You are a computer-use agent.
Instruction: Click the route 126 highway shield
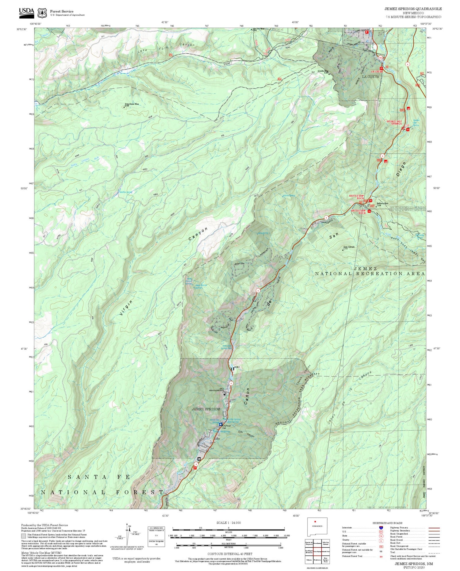(380, 58)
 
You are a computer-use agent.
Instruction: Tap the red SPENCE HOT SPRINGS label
(394, 122)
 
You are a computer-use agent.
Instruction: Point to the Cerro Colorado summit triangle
(343, 250)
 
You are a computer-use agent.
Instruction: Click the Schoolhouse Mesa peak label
(132, 104)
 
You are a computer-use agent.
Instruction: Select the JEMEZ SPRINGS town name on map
(206, 409)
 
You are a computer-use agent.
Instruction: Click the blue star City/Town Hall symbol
(220, 424)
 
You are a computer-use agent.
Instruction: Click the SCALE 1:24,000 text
(228, 523)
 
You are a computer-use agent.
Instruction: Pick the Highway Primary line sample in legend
(433, 528)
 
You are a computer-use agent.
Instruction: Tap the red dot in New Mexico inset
(315, 521)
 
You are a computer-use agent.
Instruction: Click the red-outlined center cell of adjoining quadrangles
(317, 551)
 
